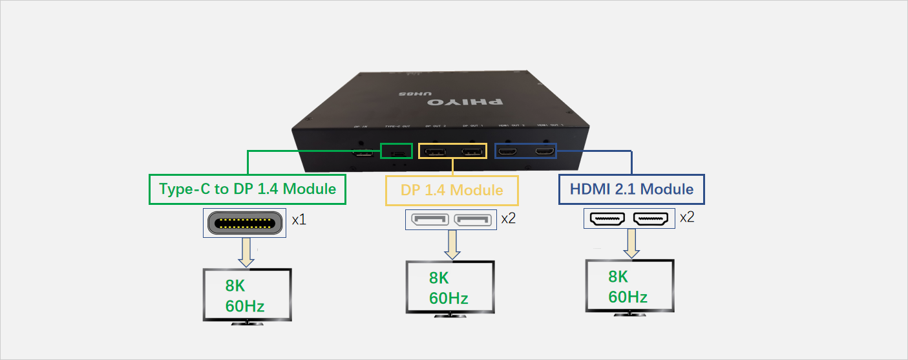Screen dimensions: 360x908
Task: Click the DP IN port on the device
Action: click(363, 154)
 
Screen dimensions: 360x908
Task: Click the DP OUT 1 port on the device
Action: click(472, 153)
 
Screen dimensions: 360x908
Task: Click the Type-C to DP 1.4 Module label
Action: click(248, 189)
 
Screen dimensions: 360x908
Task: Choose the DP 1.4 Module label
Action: click(452, 190)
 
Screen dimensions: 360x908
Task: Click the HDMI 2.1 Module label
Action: click(631, 189)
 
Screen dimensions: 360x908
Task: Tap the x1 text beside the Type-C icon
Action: click(299, 220)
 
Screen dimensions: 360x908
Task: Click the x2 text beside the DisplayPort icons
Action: click(508, 218)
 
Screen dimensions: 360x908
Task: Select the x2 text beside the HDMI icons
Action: click(686, 217)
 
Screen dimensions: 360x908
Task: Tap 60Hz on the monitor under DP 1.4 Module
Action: click(449, 298)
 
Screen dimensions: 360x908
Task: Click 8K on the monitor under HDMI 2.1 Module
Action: click(618, 277)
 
